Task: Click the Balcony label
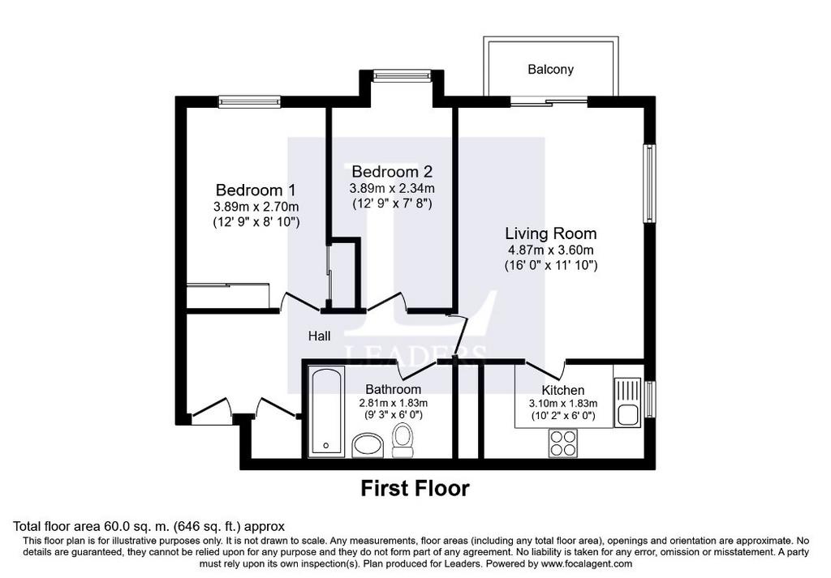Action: [x=551, y=70]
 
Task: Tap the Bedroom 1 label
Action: [x=256, y=190]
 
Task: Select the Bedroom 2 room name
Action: [x=392, y=172]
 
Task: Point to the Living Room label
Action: [x=551, y=233]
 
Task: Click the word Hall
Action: [x=320, y=336]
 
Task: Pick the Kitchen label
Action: [x=563, y=391]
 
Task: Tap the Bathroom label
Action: [x=394, y=390]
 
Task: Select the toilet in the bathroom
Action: [x=403, y=441]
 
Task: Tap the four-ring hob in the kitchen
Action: [x=563, y=443]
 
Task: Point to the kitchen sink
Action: [x=628, y=403]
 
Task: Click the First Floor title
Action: [x=415, y=489]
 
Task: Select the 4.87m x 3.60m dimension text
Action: [x=551, y=250]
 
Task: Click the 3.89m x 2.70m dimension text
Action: [x=256, y=207]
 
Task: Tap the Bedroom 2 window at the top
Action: [x=403, y=76]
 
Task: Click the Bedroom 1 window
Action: [x=250, y=102]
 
